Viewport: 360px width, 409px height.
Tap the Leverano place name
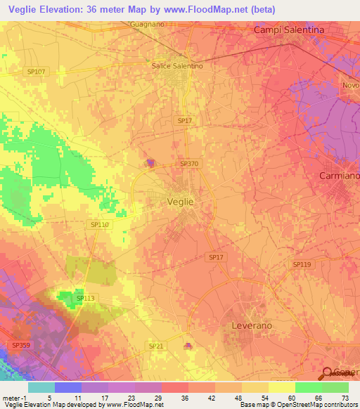point(252,326)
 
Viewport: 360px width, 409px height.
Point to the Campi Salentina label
point(289,30)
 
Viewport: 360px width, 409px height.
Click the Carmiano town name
point(339,175)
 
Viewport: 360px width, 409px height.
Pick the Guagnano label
point(147,25)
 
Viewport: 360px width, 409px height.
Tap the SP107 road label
point(35,72)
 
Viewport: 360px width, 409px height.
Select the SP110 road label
point(100,224)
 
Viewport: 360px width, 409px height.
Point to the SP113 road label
point(85,299)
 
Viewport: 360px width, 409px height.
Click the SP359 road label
point(21,345)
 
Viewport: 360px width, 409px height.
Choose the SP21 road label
point(156,346)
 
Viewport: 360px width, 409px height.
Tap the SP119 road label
point(302,264)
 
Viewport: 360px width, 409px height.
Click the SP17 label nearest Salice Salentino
point(185,121)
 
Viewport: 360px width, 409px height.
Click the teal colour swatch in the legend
point(41,387)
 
